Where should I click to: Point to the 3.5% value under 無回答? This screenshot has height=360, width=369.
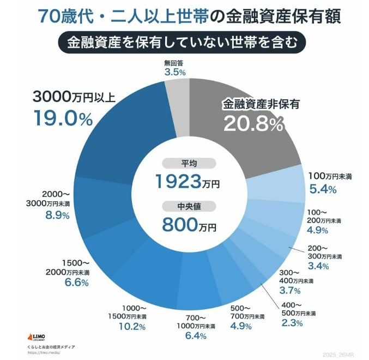(175, 72)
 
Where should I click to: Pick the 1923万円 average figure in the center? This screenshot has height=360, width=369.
(187, 182)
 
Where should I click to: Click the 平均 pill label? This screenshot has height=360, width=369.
(189, 163)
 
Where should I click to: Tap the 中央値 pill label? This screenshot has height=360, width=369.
(189, 206)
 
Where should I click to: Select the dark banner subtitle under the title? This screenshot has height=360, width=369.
(184, 43)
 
